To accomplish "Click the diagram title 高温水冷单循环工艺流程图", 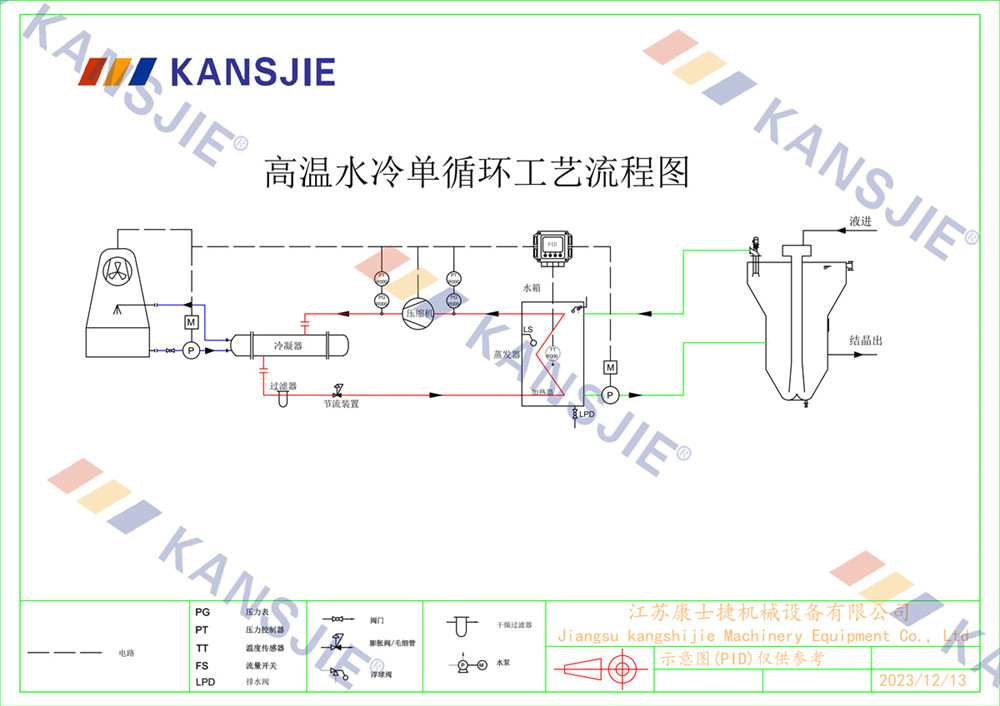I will coord(476,172).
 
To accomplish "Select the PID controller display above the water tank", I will coord(551,245).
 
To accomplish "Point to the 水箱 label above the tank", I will coord(532,288).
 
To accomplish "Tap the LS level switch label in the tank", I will coord(528,330).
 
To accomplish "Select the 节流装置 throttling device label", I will coord(341,404).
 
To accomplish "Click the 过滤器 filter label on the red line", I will coord(283,385).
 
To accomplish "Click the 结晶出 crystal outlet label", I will coord(866,340).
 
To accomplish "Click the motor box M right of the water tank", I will coord(610,368).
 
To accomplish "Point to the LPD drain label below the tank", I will coord(587,413).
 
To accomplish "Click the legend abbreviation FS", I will coord(202,665).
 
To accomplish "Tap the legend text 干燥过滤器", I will coord(514,624).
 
